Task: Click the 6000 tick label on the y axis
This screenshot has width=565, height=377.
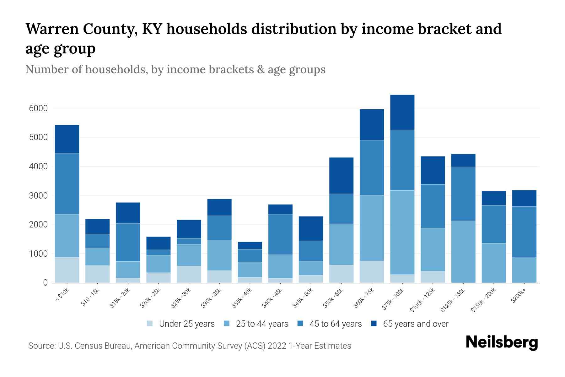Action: coord(38,108)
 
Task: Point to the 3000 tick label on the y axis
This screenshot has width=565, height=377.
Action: coord(38,196)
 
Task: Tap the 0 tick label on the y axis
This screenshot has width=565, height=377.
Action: coord(45,283)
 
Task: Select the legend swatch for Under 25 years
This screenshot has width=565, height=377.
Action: coord(150,324)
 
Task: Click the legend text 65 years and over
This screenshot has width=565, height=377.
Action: coord(416,324)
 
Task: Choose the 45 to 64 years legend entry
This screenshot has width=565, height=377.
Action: coord(336,324)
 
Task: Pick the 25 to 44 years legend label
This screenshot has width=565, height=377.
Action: coord(262,324)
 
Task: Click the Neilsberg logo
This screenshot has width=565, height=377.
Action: coord(502,342)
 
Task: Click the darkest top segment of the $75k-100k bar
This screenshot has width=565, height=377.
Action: coord(402,112)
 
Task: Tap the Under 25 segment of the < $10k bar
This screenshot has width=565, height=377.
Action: coord(67,270)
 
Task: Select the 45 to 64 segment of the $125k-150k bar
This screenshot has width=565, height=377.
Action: coord(463,194)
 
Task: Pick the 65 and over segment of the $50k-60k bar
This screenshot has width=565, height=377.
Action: coord(341,176)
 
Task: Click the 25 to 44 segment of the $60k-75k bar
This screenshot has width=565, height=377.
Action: coord(372,228)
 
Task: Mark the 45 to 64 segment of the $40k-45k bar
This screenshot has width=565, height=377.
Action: coord(280,235)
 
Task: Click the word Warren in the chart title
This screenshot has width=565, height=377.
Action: coord(51,29)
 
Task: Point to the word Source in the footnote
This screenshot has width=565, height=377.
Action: coord(41,346)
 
